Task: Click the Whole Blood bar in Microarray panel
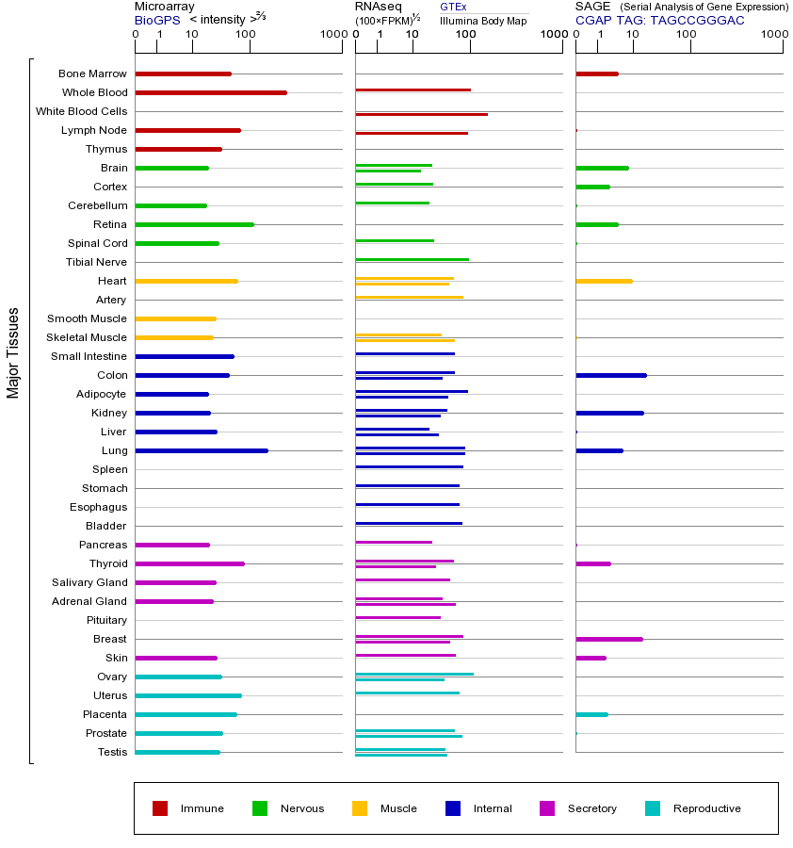pos(211,92)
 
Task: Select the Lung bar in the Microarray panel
pos(202,450)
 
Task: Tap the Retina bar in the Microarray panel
pos(194,224)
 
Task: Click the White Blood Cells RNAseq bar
pos(421,114)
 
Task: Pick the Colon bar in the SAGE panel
pos(611,375)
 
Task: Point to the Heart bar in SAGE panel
pos(604,281)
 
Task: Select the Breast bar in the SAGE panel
pos(609,639)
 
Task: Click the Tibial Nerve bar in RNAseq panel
pos(412,259)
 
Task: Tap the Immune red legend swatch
pos(160,808)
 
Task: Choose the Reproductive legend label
pos(707,808)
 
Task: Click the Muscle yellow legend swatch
pos(360,808)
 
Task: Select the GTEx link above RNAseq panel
pos(453,7)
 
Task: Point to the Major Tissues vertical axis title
pos(13,352)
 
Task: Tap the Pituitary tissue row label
pos(106,620)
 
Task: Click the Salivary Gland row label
pos(89,582)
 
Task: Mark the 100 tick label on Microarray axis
pos(245,36)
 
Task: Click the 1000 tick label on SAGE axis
pos(773,36)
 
